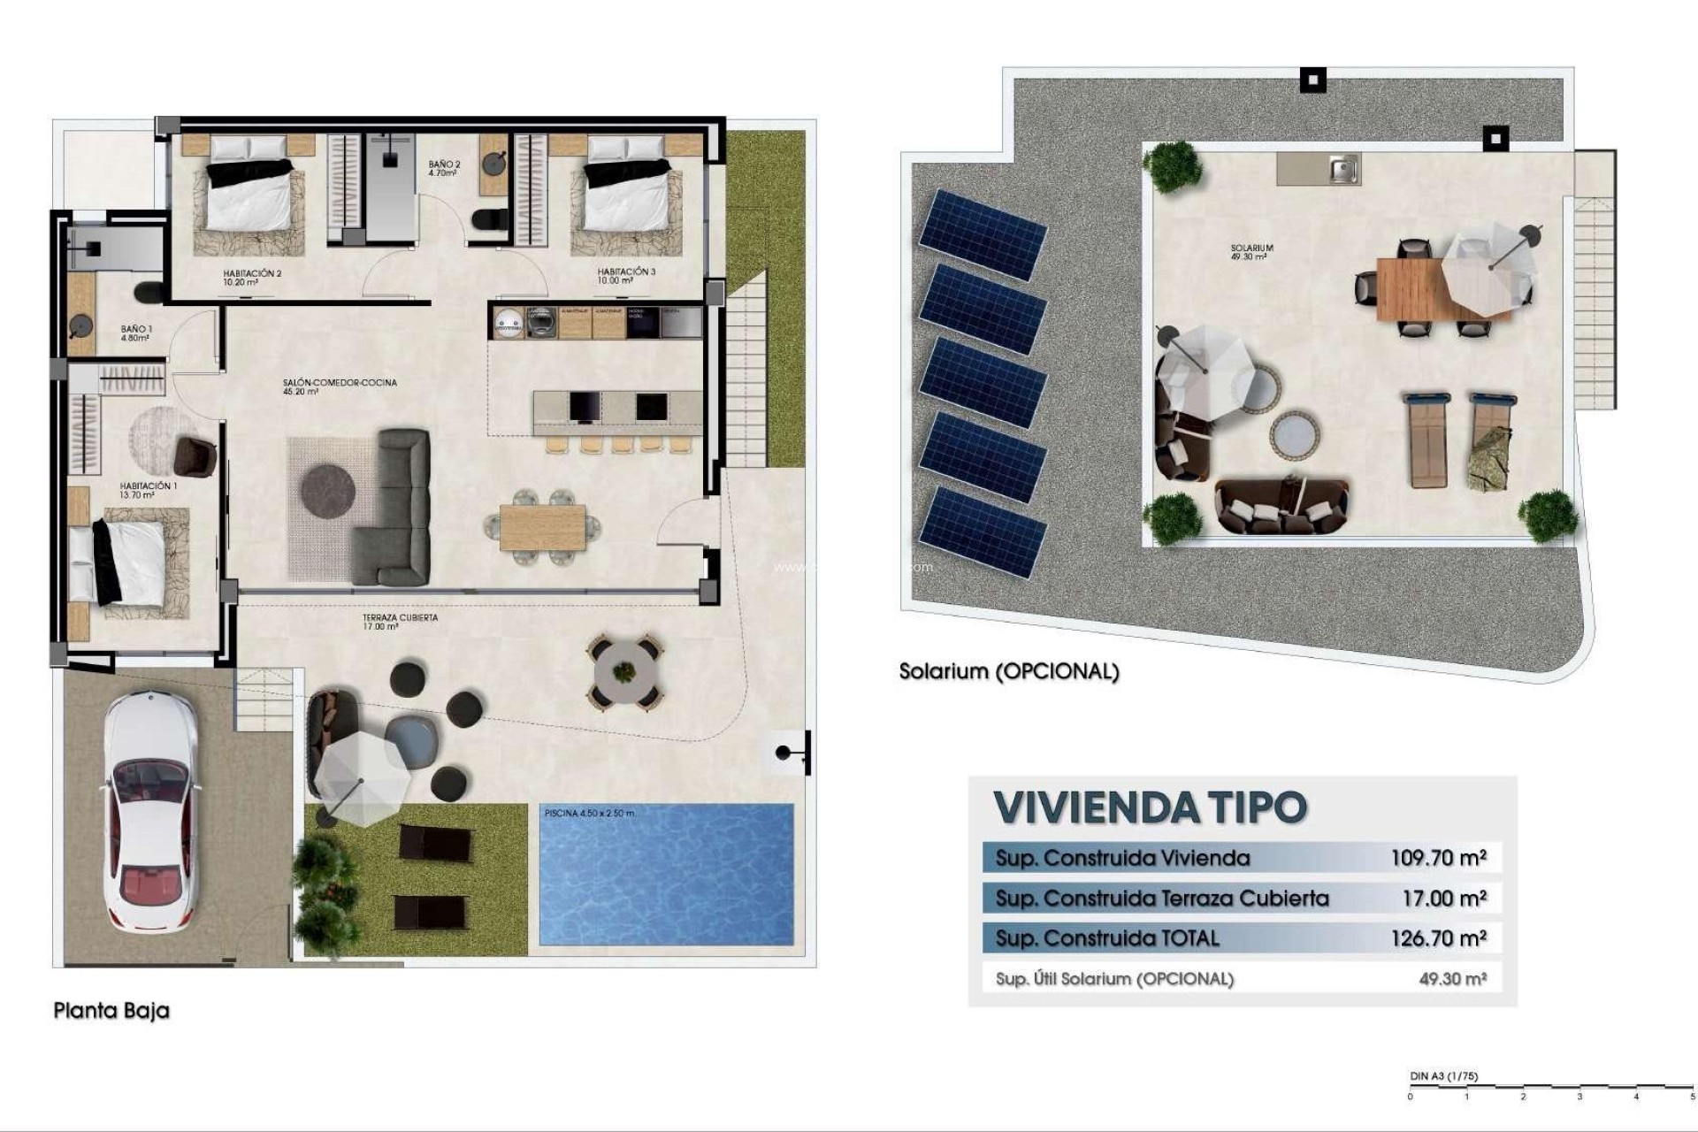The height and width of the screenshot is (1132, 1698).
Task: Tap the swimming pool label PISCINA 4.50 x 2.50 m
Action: tap(589, 813)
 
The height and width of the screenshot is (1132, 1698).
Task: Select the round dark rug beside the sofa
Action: tap(328, 488)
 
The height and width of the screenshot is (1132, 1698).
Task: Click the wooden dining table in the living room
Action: tap(542, 526)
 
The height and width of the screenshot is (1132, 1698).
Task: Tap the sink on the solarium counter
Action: tap(1343, 168)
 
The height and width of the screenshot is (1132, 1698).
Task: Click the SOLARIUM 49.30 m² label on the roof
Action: tap(1251, 252)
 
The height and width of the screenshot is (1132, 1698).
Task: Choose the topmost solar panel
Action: tap(982, 233)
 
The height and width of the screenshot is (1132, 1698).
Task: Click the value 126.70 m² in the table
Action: tap(1438, 938)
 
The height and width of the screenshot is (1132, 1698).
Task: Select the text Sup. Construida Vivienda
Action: tap(1122, 858)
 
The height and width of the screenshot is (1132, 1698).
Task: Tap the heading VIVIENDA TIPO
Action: tap(1150, 807)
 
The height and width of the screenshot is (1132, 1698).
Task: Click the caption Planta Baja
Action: tap(111, 1010)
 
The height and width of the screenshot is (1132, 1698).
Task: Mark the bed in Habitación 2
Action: tap(250, 193)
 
